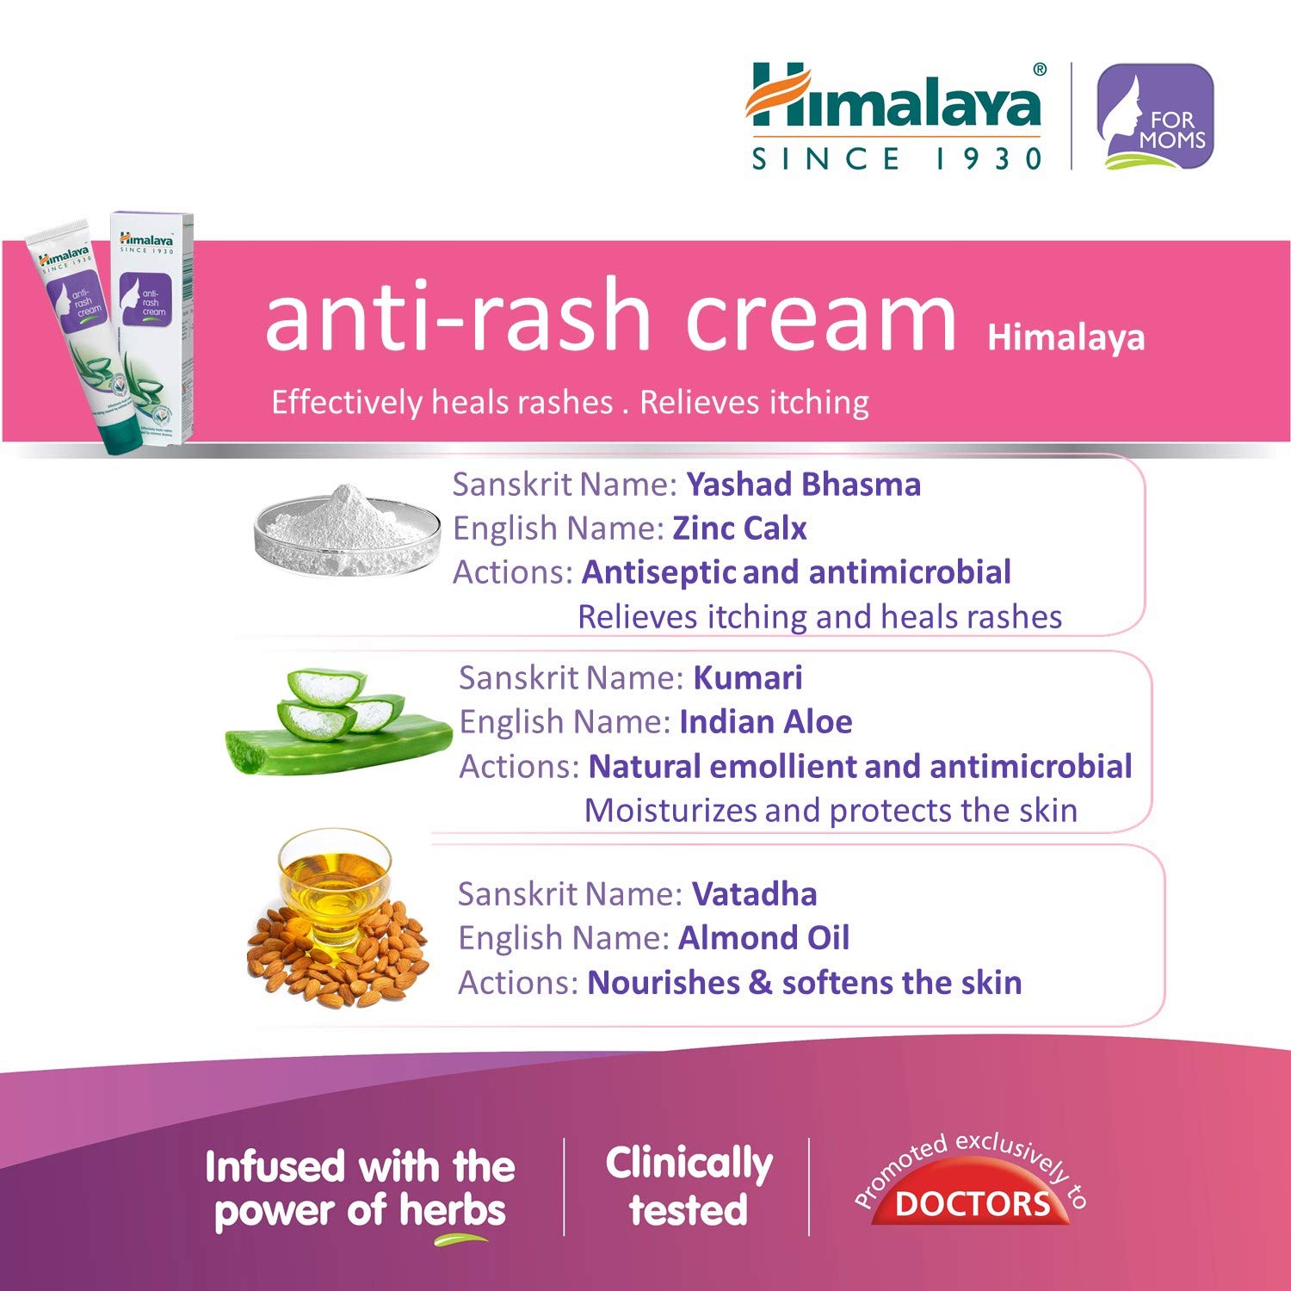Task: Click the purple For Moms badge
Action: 1155,116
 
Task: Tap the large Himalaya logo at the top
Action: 895,99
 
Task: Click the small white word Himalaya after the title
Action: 1066,337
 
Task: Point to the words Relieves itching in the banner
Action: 754,402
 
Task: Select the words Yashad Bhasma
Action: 803,485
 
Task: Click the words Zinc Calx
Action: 739,528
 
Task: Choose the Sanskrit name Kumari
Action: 748,678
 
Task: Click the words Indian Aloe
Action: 765,722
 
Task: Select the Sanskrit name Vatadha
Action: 754,894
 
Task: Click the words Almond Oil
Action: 763,938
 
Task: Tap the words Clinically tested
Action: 689,1186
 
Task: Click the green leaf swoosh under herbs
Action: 461,1240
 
